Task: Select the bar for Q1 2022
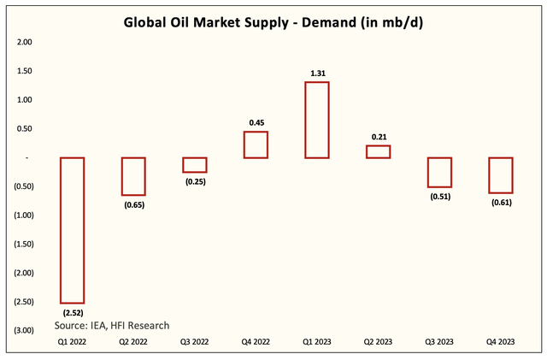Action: click(x=72, y=230)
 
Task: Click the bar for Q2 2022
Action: click(x=133, y=176)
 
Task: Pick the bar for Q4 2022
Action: click(x=256, y=145)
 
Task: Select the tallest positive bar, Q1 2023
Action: click(x=317, y=120)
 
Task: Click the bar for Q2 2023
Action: click(x=378, y=151)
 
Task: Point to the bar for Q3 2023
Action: click(x=439, y=172)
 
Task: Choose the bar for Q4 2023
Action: click(x=500, y=175)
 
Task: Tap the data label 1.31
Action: click(x=317, y=74)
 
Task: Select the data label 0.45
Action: click(x=256, y=123)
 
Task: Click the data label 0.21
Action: click(x=378, y=137)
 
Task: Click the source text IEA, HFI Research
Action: click(x=112, y=325)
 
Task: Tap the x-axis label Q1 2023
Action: click(x=317, y=342)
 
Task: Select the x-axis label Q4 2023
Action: click(x=500, y=342)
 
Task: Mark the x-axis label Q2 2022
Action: click(x=133, y=342)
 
